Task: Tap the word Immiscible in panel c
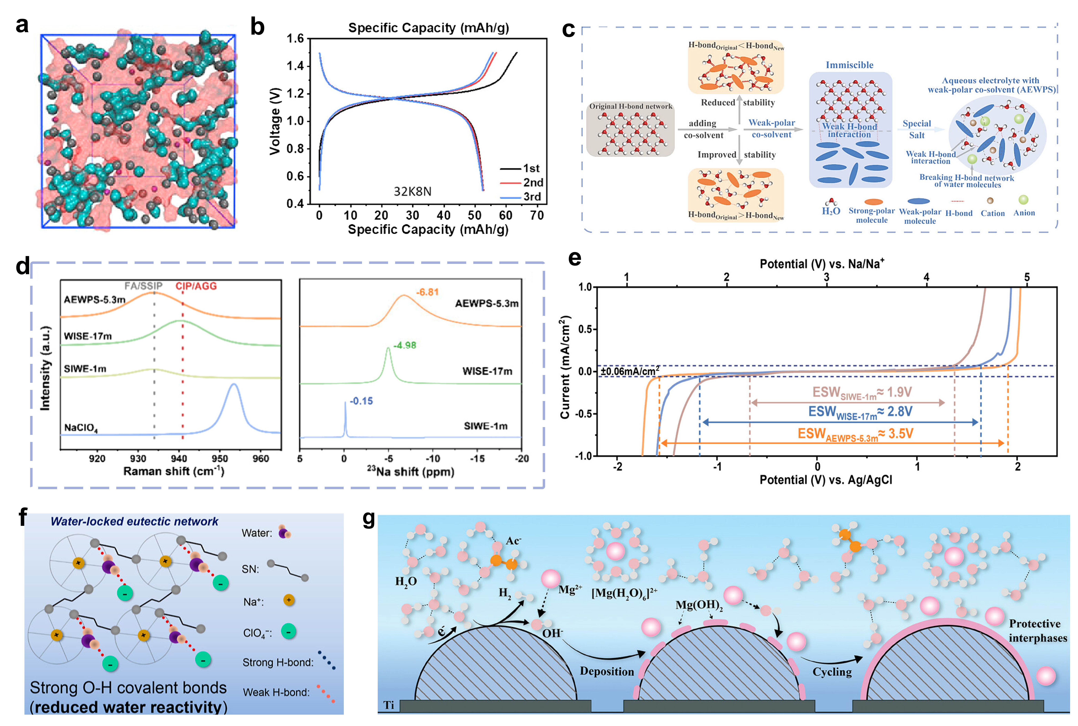[849, 65]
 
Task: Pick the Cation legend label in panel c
[992, 213]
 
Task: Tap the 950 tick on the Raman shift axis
[220, 458]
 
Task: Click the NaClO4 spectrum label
[81, 427]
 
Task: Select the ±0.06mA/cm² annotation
[630, 371]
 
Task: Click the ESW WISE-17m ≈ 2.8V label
[860, 412]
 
